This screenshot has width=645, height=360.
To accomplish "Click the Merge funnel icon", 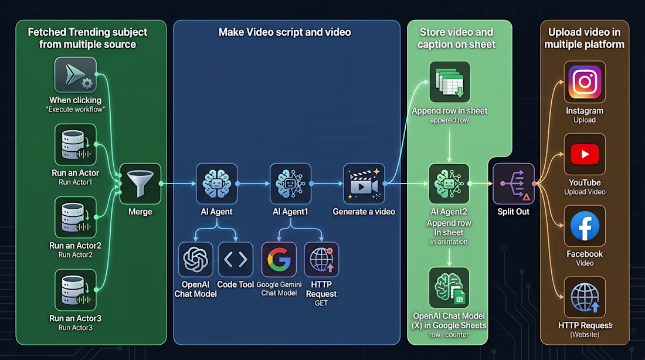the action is (x=140, y=184).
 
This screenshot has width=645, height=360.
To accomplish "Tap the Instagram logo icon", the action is (x=585, y=82).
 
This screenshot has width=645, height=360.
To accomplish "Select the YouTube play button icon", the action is (x=585, y=154).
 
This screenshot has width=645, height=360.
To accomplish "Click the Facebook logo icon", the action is (x=585, y=226).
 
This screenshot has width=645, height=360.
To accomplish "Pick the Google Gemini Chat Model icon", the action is (x=279, y=260).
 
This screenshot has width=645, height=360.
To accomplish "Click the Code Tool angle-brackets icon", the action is (x=236, y=260).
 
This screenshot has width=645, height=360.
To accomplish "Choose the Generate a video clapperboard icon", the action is (x=364, y=184).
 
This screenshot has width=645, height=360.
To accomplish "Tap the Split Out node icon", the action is (x=514, y=184).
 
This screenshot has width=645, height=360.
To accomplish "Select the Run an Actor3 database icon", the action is (x=75, y=290).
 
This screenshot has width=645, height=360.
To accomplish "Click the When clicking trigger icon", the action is (x=75, y=74).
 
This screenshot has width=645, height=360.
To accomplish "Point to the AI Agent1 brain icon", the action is (x=290, y=184).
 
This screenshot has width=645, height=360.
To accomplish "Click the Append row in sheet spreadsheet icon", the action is (x=450, y=82).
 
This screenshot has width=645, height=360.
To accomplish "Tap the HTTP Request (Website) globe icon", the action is (x=585, y=297).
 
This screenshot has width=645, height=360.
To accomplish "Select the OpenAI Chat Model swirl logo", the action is (x=195, y=260).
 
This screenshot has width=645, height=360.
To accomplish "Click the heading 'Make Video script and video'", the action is (x=284, y=32).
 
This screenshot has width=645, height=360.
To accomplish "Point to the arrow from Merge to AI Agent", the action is (x=178, y=184).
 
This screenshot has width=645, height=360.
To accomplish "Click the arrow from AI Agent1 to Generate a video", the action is (x=327, y=184).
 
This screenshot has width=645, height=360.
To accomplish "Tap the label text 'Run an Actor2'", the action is (x=75, y=246).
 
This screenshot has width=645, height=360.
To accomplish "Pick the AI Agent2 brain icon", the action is (x=449, y=184).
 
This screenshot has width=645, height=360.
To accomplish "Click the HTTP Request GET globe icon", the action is (x=321, y=260).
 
